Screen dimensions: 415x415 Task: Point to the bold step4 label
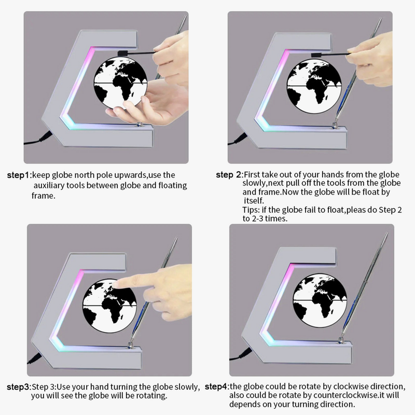216,386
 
